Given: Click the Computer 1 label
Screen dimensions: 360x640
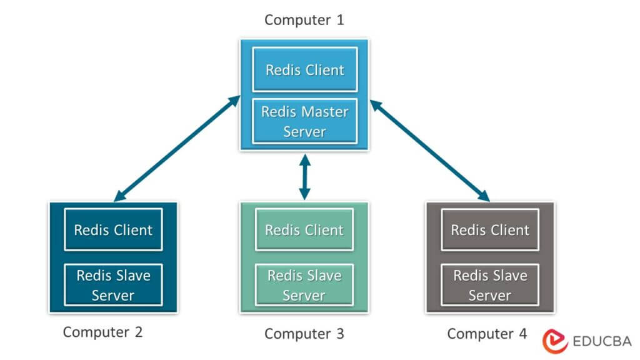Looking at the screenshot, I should click(x=304, y=20).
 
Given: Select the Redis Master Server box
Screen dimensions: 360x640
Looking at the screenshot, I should click(x=304, y=121).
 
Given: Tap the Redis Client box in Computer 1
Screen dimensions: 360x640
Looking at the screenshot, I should click(x=304, y=69).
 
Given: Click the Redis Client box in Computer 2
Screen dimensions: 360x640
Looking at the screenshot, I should click(x=113, y=229).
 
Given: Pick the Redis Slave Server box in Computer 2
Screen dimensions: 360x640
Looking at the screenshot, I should click(x=113, y=285).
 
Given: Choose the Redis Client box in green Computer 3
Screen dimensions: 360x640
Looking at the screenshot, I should click(x=304, y=229).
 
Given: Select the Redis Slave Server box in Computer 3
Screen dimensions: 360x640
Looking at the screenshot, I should click(x=304, y=285).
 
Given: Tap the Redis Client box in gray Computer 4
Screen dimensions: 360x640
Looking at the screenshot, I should click(x=490, y=229).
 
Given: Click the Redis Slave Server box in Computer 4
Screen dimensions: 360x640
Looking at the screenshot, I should click(x=490, y=285).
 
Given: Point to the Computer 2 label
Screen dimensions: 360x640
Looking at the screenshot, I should click(x=103, y=332).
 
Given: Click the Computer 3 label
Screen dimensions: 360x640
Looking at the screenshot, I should click(x=304, y=333).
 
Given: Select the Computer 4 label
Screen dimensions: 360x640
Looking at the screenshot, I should click(x=487, y=333).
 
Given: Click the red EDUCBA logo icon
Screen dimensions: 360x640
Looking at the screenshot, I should click(x=553, y=341).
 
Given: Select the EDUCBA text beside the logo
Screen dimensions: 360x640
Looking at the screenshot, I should click(x=601, y=341).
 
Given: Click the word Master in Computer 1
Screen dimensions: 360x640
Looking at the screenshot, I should click(x=325, y=112).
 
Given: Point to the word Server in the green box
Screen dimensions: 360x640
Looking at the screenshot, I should click(x=304, y=295).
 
